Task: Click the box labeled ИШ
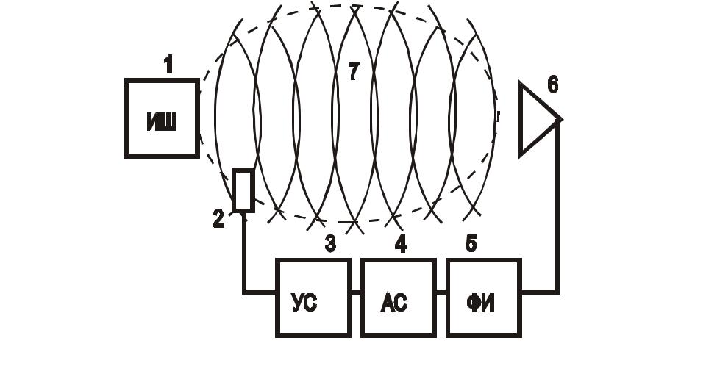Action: [x=163, y=118]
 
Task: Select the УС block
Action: [x=313, y=298]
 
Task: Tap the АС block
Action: [x=398, y=298]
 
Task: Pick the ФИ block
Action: [x=483, y=298]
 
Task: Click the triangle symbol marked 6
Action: [x=537, y=119]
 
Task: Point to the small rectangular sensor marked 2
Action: [x=243, y=190]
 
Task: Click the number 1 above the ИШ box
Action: [x=168, y=65]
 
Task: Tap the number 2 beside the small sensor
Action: [x=218, y=219]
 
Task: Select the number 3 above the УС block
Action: [x=330, y=244]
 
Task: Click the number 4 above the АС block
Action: [x=400, y=244]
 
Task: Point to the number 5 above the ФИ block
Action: [x=471, y=244]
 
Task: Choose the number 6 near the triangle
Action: [x=552, y=85]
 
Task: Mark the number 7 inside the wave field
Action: [x=354, y=71]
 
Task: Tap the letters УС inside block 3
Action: [x=304, y=302]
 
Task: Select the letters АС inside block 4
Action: [x=394, y=302]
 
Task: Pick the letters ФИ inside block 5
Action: [x=481, y=302]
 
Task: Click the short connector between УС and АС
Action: [x=355, y=292]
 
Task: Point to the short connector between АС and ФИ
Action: [x=441, y=292]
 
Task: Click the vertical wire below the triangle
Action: [x=557, y=206]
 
